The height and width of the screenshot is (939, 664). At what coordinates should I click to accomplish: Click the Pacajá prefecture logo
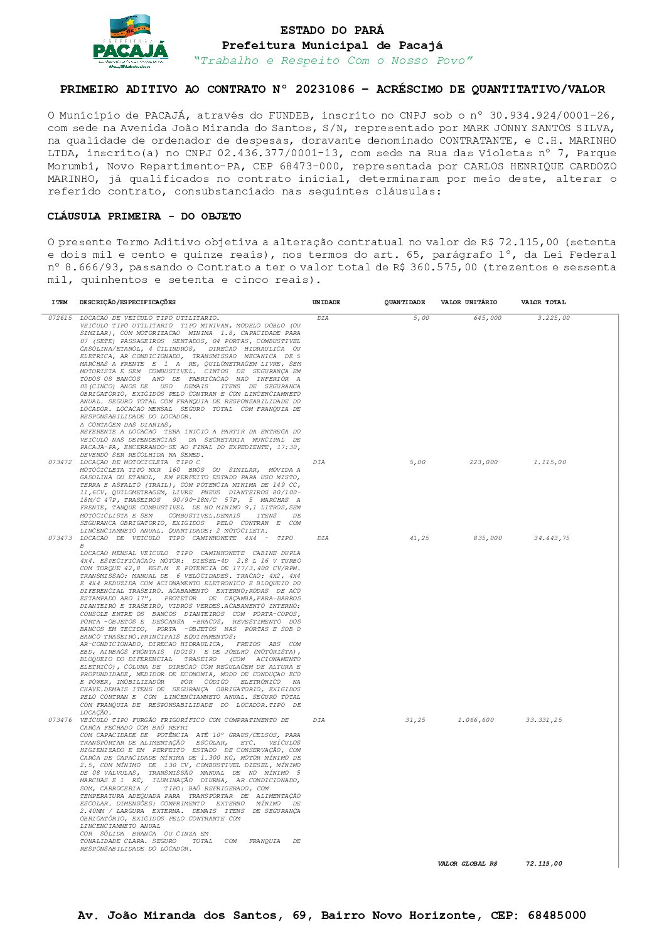pos(131,42)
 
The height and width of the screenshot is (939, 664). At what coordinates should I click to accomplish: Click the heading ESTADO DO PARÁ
pos(332,30)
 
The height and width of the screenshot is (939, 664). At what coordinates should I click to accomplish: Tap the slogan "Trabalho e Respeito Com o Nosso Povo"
pos(333,61)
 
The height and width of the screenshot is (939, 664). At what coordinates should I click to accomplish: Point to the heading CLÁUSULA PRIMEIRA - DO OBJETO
pos(144,216)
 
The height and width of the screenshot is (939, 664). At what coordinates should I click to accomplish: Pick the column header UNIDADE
pos(326,302)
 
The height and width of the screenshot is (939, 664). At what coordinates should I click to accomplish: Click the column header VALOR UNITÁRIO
pos(468,302)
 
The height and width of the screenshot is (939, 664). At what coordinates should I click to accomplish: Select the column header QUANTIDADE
pos(404,302)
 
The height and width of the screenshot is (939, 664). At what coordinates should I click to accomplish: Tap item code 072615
pos(60,319)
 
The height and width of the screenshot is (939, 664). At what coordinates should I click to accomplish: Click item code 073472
pos(60,462)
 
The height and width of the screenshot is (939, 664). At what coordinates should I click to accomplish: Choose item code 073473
pos(60,538)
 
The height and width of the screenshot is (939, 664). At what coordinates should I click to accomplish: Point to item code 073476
pos(60,720)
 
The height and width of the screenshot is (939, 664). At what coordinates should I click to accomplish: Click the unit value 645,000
pos(487,318)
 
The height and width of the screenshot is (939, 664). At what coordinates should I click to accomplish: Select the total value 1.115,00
pos(549,462)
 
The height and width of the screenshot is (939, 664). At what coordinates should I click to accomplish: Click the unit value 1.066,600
pos(476,720)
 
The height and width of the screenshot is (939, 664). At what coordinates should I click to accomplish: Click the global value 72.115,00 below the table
pos(544,864)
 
